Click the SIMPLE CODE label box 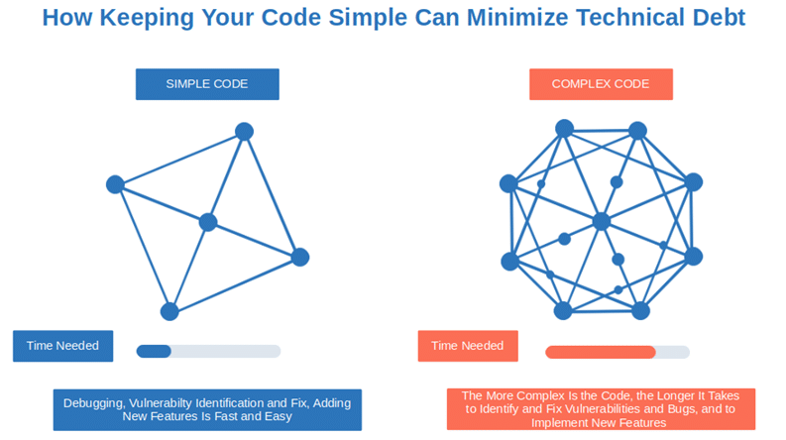pos(207,84)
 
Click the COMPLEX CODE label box pos(601,84)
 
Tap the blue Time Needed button pos(63,346)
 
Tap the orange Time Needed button pos(468,346)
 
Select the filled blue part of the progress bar pos(154,351)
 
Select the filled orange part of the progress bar pos(601,352)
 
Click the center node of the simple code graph pos(208,222)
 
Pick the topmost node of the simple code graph pos(244,131)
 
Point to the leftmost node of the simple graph pos(115,184)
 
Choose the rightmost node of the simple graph pos(300,257)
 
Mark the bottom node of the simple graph pos(169,312)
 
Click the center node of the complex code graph pos(602,222)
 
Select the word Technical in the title pos(630,18)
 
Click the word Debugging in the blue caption pos(94,403)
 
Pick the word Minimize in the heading pos(517,18)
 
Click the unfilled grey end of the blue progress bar pos(226,351)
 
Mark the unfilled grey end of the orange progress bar pos(673,352)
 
